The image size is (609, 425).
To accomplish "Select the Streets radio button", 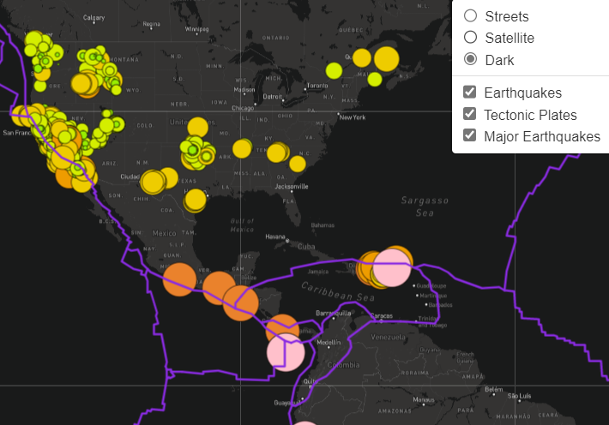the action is point(470,16).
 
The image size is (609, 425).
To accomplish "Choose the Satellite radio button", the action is point(470,38).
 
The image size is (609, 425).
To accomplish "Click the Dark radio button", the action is point(470,60).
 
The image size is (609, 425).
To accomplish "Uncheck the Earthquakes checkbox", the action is point(469,93).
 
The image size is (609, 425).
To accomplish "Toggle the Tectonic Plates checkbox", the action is point(469,114).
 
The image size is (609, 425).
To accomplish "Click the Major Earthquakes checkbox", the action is point(469,135).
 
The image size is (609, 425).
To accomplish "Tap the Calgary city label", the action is point(93,18).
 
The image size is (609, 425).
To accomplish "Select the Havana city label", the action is point(275,236).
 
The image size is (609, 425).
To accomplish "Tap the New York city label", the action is point(353,117).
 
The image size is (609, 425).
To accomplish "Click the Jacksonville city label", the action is point(292,186).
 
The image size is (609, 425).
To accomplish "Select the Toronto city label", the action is point(317,86).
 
